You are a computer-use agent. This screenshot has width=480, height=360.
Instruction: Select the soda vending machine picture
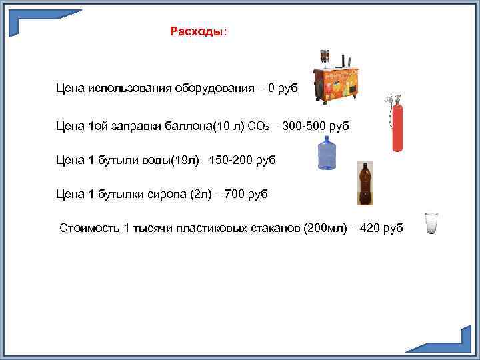point(337,79)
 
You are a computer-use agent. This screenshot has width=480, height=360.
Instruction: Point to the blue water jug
point(327,153)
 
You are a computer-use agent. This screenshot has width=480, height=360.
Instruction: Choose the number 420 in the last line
point(370,228)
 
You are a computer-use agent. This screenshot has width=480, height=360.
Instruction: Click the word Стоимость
point(89,228)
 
